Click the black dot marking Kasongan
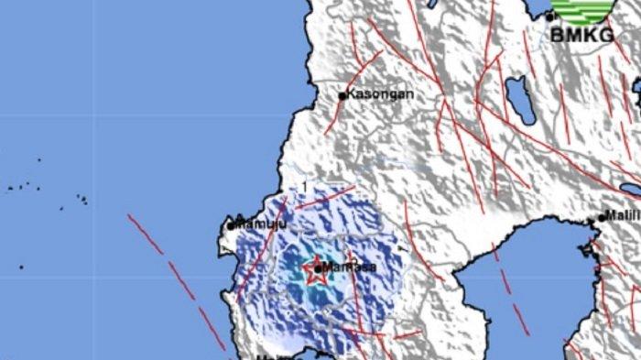coord(342,95)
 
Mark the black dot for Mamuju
coord(231,224)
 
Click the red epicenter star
coord(315,268)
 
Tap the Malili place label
coord(625,217)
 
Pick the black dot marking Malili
coord(602,218)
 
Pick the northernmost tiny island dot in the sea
coord(38,159)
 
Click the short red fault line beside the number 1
coord(325,197)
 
